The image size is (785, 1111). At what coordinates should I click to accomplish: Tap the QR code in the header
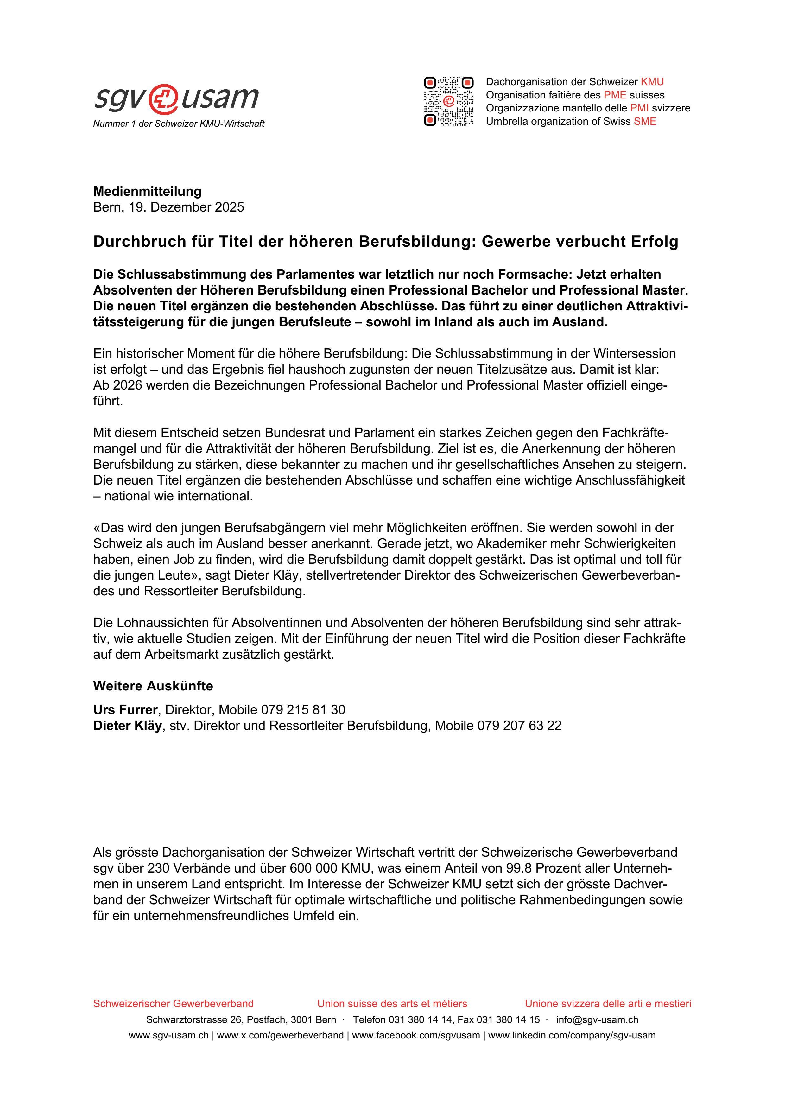448,101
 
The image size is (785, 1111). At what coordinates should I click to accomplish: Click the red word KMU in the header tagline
652,82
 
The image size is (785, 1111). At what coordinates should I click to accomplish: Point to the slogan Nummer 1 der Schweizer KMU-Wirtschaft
179,124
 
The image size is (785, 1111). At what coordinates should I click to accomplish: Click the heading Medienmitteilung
147,191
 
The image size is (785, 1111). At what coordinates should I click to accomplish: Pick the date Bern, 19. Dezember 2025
168,207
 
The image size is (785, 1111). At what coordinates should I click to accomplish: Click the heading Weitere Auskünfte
153,686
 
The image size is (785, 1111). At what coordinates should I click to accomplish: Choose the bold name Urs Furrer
125,710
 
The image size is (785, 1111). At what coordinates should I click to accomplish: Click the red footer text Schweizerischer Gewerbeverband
173,1004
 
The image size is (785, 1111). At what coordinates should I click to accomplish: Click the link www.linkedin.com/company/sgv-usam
571,1036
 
